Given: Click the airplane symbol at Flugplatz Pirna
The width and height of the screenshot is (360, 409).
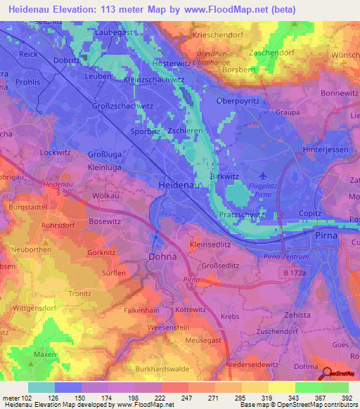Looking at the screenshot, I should click(x=263, y=175).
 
